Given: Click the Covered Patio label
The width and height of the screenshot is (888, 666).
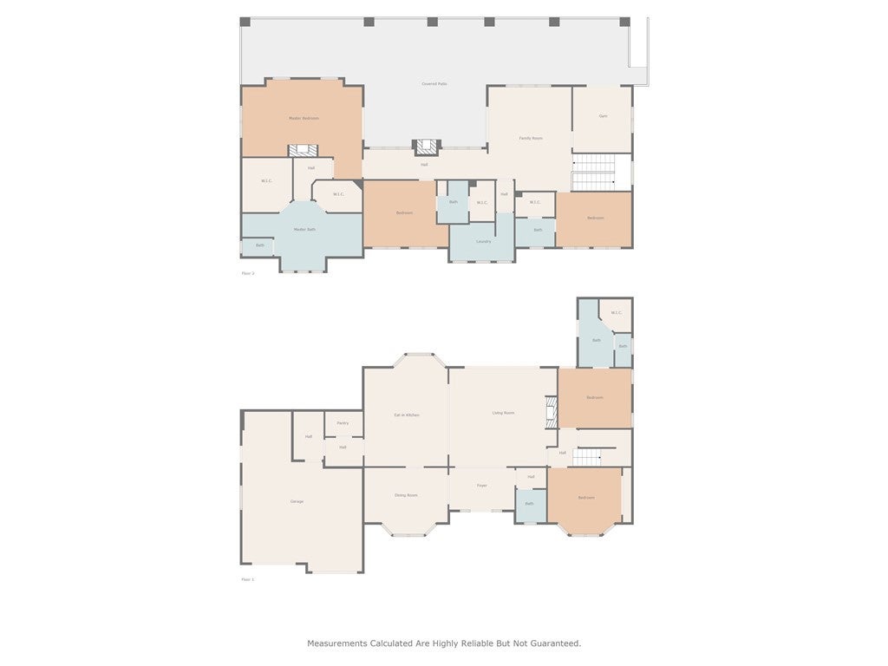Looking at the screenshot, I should pos(434,84).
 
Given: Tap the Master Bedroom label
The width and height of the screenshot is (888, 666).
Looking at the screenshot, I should pos(304,118).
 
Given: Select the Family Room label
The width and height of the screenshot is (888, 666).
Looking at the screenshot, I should pos(531,139).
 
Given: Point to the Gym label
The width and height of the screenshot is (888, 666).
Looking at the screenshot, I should pos(602,116).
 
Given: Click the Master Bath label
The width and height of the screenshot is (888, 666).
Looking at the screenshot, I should pos(304,230).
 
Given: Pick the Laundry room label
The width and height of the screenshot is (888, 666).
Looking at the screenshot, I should pos(483,241).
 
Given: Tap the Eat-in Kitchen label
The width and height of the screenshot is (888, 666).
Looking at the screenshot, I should pos(406,415).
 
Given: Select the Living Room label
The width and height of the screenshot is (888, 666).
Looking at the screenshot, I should pos(503,413).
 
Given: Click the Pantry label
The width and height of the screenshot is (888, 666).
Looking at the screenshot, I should pos(343,423).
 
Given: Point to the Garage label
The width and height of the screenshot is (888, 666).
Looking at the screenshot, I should pos(297,502).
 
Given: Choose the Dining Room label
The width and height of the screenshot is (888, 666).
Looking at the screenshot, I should pos(406,495).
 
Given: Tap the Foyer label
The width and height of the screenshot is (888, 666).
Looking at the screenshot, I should pos(481,486).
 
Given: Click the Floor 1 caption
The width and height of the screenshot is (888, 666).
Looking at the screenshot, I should pos(248,579).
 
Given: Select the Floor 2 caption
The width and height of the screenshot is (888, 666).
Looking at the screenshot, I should pos(248,273).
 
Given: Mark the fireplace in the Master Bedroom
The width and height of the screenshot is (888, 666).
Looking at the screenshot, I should pos(303,150).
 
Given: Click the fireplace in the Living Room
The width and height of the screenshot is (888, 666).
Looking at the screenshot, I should pos(550,412).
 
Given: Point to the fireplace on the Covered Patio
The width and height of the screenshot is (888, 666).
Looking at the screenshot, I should pos(426,147).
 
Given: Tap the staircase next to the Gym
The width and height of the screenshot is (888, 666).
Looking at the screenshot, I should pos(593,172).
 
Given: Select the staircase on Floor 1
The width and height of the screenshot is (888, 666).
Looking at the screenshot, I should pos(588,456).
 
